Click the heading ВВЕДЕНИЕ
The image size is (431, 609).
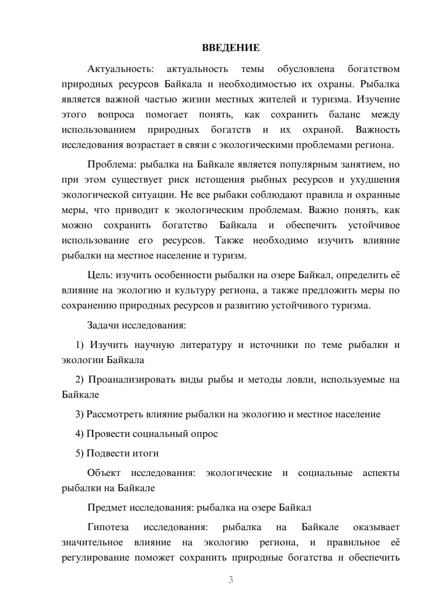point(231,48)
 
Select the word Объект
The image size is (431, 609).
point(104,473)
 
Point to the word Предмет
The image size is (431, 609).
point(106,508)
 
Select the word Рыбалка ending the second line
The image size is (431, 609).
point(380,84)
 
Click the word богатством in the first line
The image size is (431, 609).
point(374,69)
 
